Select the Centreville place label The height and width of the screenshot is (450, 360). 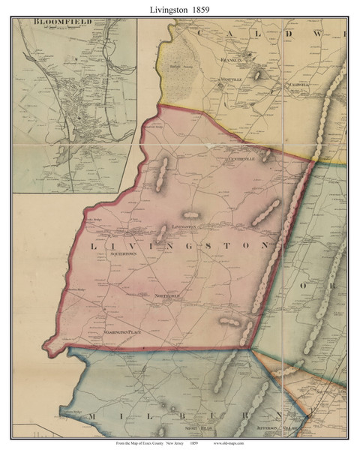241,159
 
